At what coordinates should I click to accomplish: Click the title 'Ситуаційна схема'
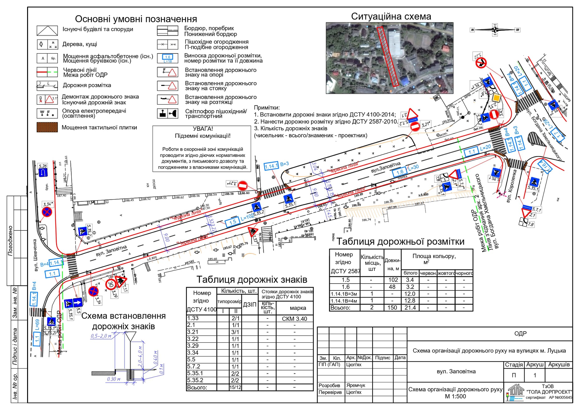click(x=391, y=16)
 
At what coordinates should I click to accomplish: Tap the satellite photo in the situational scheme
click(x=389, y=58)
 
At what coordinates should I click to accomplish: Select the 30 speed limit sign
click(x=110, y=284)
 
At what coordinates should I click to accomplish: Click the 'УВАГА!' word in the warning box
click(x=203, y=129)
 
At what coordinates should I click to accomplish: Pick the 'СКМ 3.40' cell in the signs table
click(x=294, y=319)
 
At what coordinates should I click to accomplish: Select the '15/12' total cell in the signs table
click(x=235, y=388)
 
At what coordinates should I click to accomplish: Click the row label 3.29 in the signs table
click(x=193, y=346)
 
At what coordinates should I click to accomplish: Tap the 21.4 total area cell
click(x=410, y=308)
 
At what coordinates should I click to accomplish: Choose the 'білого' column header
click(x=410, y=273)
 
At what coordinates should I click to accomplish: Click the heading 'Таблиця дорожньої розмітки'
click(x=400, y=242)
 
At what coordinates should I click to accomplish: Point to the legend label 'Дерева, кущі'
click(x=80, y=44)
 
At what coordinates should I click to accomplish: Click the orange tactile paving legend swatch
click(x=47, y=127)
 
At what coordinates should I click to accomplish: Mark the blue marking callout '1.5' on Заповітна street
click(x=232, y=222)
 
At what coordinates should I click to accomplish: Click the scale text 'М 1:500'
click(x=455, y=396)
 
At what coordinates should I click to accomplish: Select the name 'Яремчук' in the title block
click(x=356, y=385)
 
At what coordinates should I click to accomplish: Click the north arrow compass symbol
click(x=495, y=30)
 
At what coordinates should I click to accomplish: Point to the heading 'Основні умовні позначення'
click(x=136, y=19)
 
